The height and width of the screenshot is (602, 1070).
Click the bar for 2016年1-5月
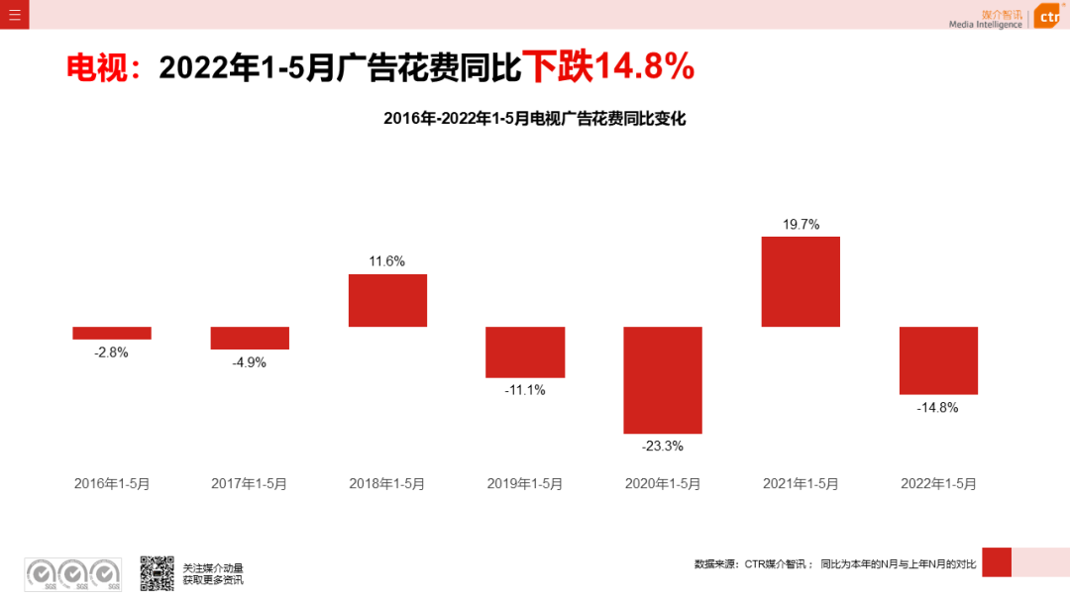pyautogui.click(x=112, y=333)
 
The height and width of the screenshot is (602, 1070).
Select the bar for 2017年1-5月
pyautogui.click(x=250, y=338)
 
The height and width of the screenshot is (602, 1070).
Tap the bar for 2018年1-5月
pyautogui.click(x=387, y=300)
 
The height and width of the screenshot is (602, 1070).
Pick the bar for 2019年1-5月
pyautogui.click(x=525, y=351)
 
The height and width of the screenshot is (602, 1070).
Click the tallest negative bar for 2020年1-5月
pyautogui.click(x=663, y=380)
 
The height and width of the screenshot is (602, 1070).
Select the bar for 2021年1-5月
pyautogui.click(x=801, y=281)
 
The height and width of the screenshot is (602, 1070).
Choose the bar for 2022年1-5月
pyautogui.click(x=938, y=360)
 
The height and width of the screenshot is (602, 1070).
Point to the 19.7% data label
pyautogui.click(x=801, y=225)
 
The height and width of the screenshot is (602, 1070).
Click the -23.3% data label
pyautogui.click(x=663, y=447)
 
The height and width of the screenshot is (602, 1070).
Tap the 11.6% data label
pyautogui.click(x=387, y=261)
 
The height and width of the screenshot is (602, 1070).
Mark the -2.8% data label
pyautogui.click(x=112, y=352)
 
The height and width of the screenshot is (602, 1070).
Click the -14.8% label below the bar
pyautogui.click(x=938, y=407)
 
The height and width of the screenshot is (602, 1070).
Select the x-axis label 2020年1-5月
pyautogui.click(x=663, y=484)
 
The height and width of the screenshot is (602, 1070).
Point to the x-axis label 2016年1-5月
pyautogui.click(x=112, y=484)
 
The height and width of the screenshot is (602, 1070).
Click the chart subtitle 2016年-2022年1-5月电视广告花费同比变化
pyautogui.click(x=534, y=119)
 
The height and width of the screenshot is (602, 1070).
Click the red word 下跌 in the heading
pyautogui.click(x=557, y=66)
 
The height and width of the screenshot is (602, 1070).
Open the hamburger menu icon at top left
pyautogui.click(x=15, y=14)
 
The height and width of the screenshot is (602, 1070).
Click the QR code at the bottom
pyautogui.click(x=157, y=573)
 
